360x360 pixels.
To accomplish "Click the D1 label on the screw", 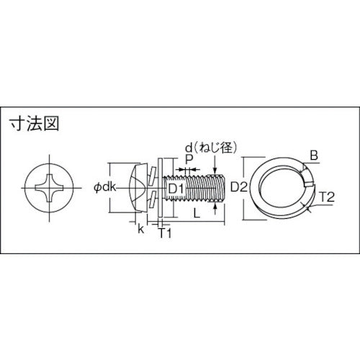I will pos(176,189).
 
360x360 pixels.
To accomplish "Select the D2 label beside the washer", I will pos(240,189).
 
